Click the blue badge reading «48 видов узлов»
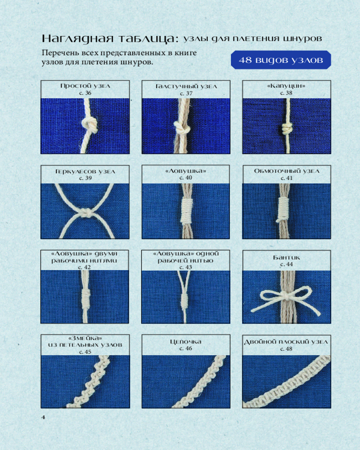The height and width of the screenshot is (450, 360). pyautogui.click(x=281, y=60)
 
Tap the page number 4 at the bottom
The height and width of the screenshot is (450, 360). pyautogui.click(x=43, y=417)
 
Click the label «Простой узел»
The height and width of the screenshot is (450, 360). pyautogui.click(x=85, y=86)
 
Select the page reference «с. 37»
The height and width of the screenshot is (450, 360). pyautogui.click(x=186, y=93)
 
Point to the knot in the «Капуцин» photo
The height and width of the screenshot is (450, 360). pyautogui.click(x=286, y=129)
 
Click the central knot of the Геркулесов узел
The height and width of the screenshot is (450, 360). pyautogui.click(x=86, y=213)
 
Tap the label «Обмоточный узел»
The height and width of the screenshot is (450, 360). pyautogui.click(x=287, y=171)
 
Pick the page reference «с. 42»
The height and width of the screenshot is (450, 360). pyautogui.click(x=85, y=267)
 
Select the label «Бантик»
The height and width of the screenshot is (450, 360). pyautogui.click(x=287, y=257)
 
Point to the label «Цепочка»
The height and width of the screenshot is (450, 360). pyautogui.click(x=186, y=342)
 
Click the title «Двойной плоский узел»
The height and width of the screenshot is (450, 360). pyautogui.click(x=286, y=342)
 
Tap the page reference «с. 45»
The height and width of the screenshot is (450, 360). pyautogui.click(x=85, y=351)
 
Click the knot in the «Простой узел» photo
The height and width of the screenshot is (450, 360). pyautogui.click(x=90, y=125)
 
